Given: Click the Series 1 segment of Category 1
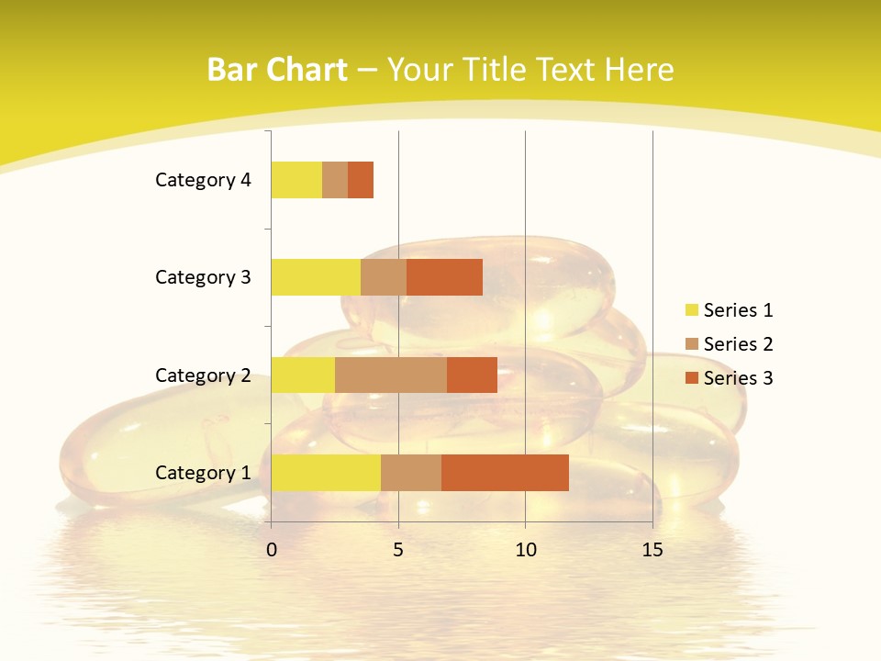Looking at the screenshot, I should click(x=326, y=473).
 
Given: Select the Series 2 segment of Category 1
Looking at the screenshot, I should click(x=411, y=473).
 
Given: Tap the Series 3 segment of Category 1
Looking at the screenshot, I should click(x=505, y=473).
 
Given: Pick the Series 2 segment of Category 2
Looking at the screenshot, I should click(x=391, y=375).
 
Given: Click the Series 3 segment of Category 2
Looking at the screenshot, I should click(x=472, y=375).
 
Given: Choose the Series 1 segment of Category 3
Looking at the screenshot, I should click(x=316, y=277).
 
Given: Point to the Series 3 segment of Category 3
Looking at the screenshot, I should click(x=444, y=277).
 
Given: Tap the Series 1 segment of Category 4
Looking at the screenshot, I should click(x=296, y=180).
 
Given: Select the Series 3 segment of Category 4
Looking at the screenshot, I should click(x=361, y=180).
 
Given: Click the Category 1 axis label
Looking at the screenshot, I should click(x=203, y=473).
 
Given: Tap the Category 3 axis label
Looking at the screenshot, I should click(x=203, y=277).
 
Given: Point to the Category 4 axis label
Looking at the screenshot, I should click(x=203, y=180).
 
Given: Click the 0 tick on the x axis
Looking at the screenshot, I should click(x=272, y=550).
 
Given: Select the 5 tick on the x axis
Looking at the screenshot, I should click(x=398, y=550).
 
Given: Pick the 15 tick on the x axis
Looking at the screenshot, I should click(x=652, y=550).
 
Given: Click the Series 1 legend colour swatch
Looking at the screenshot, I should click(x=692, y=310).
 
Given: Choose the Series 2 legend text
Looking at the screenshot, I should click(x=738, y=344).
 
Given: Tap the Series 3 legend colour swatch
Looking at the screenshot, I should click(x=692, y=378).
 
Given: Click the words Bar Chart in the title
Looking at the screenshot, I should click(x=277, y=70).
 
